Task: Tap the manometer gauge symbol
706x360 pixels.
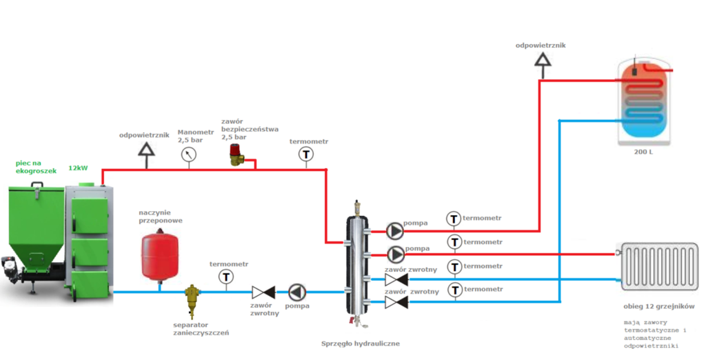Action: coord(188,155)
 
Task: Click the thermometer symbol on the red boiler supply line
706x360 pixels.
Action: coord(306,155)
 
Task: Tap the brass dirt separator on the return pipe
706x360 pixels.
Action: coord(191,298)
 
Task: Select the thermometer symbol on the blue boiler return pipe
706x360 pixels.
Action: coord(225,277)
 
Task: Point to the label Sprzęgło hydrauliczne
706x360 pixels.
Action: coord(361,343)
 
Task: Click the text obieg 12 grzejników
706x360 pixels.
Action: coord(657,306)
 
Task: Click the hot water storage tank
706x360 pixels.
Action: coord(644,101)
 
